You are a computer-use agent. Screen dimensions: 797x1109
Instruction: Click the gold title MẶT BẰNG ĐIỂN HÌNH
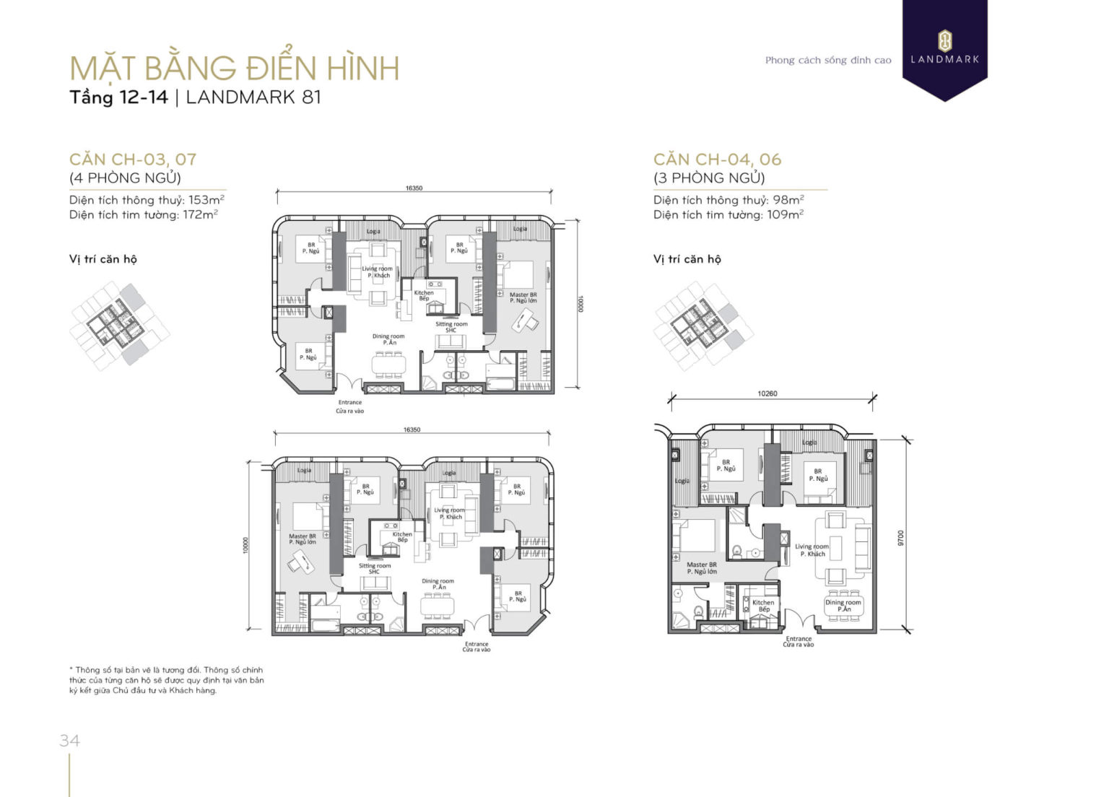[x=234, y=68]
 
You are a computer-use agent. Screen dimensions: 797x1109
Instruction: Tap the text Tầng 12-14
[x=118, y=97]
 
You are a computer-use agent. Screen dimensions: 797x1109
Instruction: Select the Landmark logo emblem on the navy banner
[x=944, y=40]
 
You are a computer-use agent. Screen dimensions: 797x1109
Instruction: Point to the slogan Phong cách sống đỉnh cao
[x=828, y=61]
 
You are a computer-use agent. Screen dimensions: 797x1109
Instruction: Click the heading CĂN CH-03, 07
[x=133, y=160]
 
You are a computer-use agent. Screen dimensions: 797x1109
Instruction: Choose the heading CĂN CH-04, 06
[x=717, y=160]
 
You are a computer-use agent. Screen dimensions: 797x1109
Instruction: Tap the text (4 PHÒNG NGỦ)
[x=125, y=178]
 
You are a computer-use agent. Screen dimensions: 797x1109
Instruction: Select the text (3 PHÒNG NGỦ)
[x=709, y=178]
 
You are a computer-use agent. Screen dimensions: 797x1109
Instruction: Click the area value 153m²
[x=206, y=200]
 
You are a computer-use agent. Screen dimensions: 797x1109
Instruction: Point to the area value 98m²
[x=788, y=200]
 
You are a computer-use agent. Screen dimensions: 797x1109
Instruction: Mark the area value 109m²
[x=785, y=214]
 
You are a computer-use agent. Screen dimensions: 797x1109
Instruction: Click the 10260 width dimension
[x=767, y=393]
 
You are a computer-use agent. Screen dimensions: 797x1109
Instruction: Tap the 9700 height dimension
[x=900, y=538]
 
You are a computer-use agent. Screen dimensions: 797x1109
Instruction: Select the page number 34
[x=69, y=741]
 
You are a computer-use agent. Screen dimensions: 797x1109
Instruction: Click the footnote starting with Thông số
[x=166, y=680]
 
